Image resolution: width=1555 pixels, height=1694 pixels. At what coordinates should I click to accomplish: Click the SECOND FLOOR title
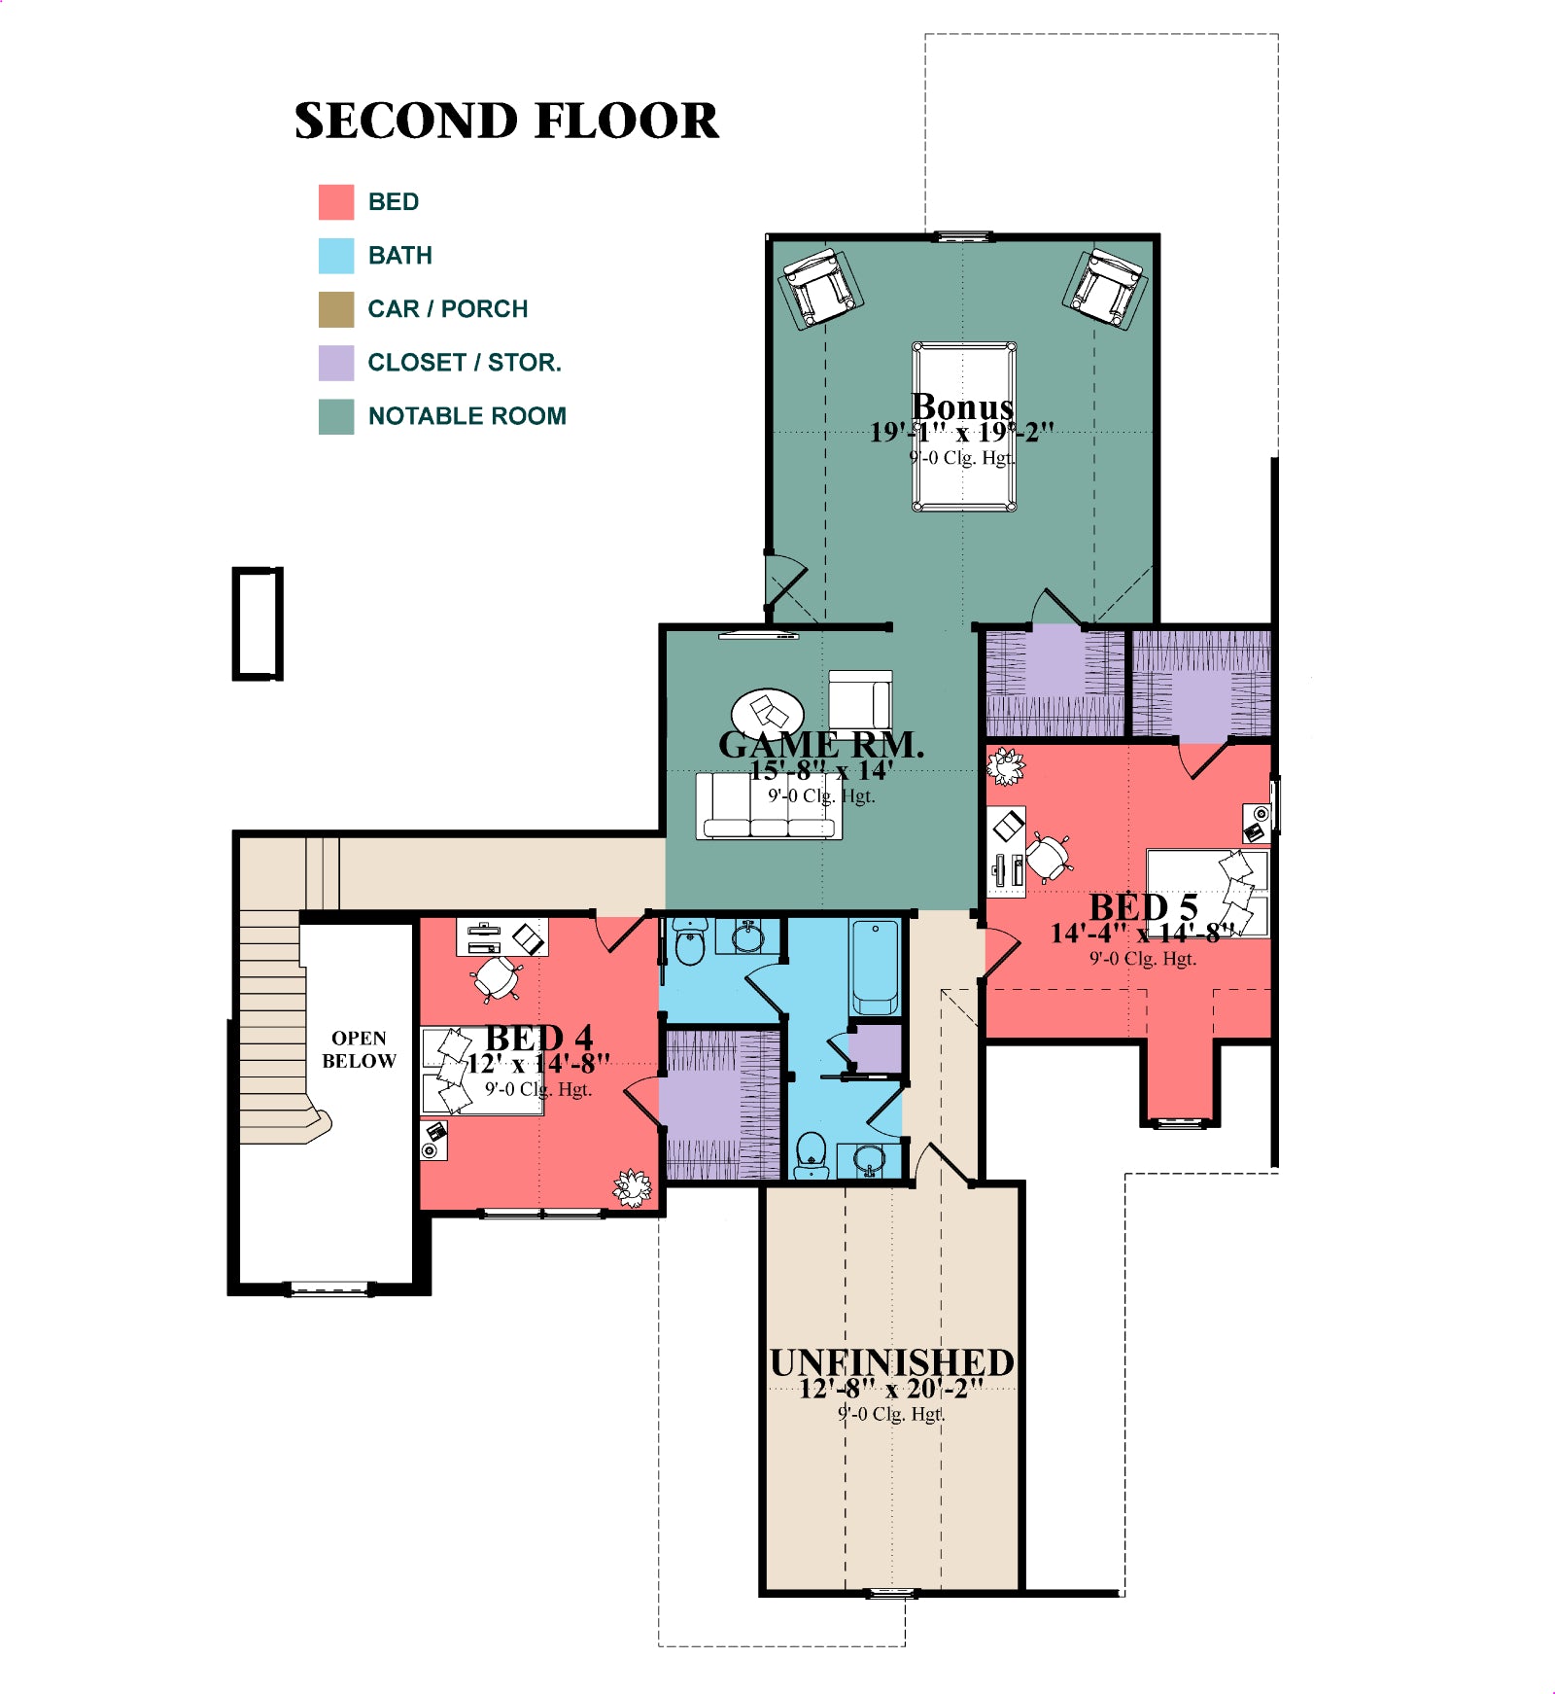(x=506, y=121)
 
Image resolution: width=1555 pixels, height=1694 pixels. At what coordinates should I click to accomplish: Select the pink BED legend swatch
(x=336, y=202)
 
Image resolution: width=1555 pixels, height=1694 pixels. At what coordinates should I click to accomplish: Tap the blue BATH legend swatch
(x=336, y=256)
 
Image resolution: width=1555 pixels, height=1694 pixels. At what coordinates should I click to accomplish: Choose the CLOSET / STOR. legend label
(x=465, y=363)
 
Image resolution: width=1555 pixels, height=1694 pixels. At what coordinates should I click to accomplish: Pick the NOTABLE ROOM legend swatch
(x=336, y=416)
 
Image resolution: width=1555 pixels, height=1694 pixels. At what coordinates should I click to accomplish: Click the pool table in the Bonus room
(x=964, y=426)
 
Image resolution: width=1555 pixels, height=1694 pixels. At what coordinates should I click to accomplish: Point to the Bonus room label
(x=962, y=406)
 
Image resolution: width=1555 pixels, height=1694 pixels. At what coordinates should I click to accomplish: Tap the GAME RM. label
(x=821, y=744)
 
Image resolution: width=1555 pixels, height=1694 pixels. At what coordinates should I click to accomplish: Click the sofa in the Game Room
(x=769, y=805)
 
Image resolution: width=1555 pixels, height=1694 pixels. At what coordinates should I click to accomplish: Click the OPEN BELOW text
(x=360, y=1049)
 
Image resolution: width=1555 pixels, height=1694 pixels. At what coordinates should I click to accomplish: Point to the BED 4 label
(x=539, y=1038)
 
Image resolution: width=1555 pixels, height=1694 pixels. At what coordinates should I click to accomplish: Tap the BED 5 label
(x=1143, y=907)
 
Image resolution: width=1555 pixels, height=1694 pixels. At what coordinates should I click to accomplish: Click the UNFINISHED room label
(x=892, y=1362)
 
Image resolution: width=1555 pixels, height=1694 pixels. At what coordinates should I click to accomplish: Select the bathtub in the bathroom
(x=875, y=967)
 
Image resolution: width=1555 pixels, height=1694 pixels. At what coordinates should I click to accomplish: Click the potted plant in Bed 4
(x=632, y=1187)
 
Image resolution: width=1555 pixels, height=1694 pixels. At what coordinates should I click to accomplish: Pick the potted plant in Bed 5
(x=1006, y=766)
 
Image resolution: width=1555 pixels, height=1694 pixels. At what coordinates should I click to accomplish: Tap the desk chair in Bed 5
(x=1050, y=856)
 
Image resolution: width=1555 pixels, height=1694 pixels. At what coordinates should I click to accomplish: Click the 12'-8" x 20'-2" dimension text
(x=891, y=1389)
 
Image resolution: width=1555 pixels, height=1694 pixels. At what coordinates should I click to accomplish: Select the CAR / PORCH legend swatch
(x=336, y=309)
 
